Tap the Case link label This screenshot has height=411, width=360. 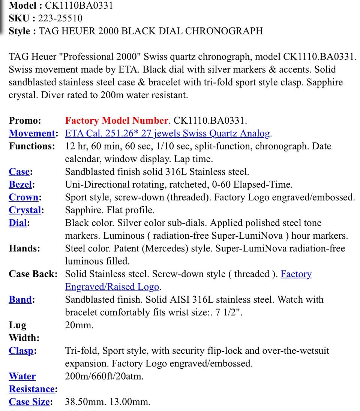pos(19,172)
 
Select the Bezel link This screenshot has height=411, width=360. pos(21,185)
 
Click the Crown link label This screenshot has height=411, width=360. pos(24,197)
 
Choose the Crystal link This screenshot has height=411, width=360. pos(25,210)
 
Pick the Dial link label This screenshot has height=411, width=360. pos(18,223)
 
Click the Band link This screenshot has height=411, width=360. pos(20,300)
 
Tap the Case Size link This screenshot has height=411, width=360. pos(29,402)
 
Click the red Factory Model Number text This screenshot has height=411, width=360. pos(116,121)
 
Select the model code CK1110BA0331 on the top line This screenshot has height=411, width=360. pos(79,6)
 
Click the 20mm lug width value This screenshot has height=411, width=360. pos(79,325)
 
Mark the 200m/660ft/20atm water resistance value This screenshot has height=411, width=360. pos(104,376)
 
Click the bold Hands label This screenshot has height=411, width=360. pos(24,249)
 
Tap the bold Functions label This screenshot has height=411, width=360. pos(31,146)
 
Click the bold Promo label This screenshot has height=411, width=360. pos(25,121)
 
